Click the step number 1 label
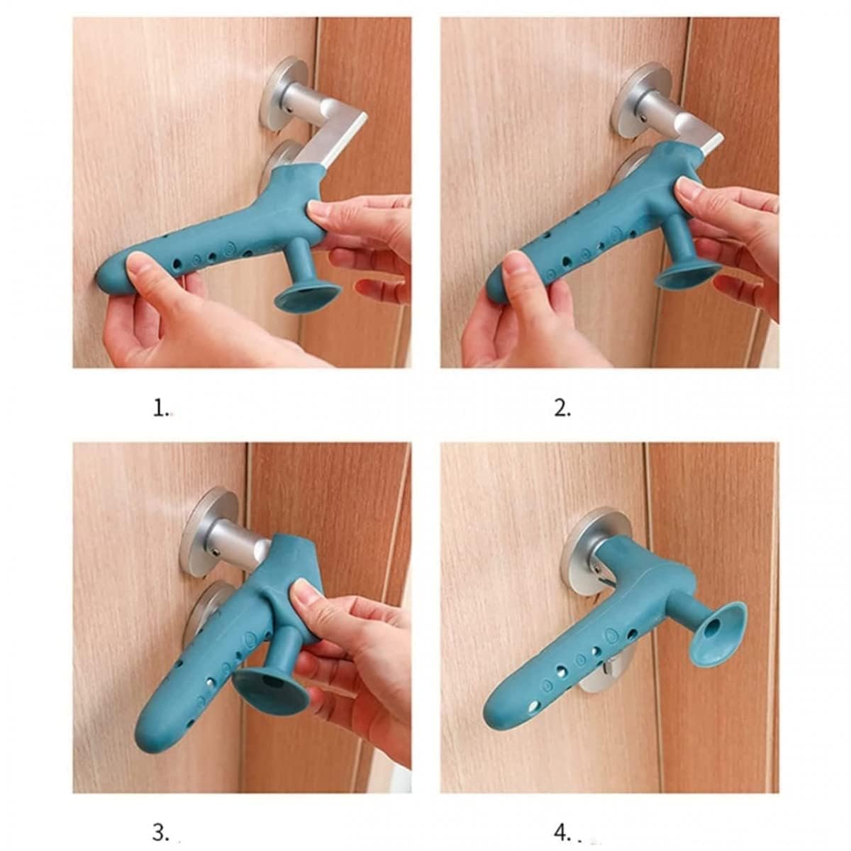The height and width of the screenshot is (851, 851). (x=161, y=408)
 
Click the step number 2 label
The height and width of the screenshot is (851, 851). (x=562, y=408)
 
